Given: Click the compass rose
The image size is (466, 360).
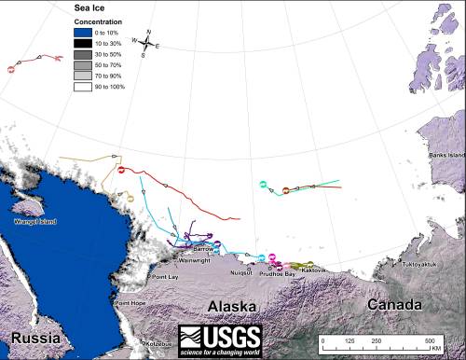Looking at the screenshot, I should tap(148, 43).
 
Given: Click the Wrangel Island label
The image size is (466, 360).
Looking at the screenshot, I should tap(36, 222).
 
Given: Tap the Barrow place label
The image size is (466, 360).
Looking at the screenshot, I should tap(203, 250).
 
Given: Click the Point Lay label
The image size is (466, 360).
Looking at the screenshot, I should tap(164, 277).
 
